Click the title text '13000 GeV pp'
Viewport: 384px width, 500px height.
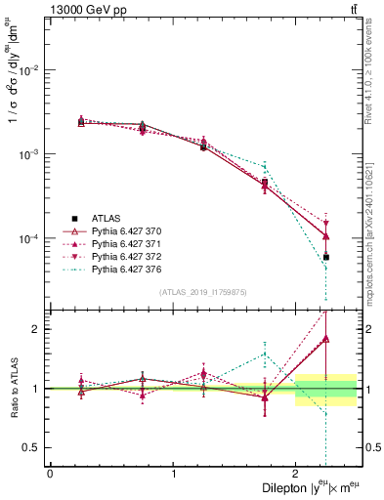pos(79,10)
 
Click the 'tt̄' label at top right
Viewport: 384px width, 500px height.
pos(353,10)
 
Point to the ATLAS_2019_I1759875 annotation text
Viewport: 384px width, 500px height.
pos(201,292)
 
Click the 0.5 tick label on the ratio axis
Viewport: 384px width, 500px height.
pos(34,447)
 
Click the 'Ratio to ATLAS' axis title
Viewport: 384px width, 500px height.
pos(14,388)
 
